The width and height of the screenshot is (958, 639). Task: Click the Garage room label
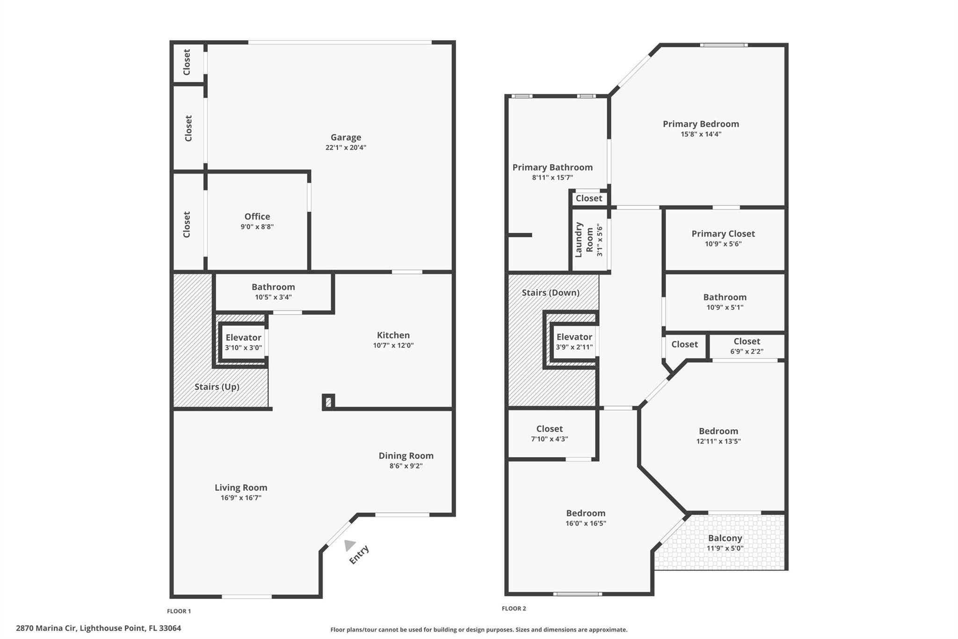pos(346,137)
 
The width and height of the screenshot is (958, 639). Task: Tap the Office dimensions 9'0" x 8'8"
pos(257,227)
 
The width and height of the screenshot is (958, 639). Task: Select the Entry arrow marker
pos(349,545)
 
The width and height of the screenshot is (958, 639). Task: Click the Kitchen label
pos(393,335)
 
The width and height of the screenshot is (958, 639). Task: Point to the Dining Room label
pos(406,455)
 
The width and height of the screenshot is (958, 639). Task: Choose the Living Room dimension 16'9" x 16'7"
pos(241,498)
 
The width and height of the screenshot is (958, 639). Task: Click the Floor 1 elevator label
pos(243,338)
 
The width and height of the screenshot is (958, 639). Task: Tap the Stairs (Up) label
pos(217,387)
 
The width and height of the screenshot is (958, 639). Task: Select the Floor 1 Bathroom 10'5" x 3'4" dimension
pos(273,297)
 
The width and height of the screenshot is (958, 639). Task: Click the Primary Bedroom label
pos(701,124)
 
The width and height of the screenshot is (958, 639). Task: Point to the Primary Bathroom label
pos(552,167)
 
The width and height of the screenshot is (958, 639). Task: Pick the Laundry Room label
pos(584,240)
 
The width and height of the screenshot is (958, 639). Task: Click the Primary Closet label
pos(723,234)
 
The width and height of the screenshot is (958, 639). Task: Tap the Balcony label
pos(725,538)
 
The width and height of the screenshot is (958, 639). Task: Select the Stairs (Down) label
pos(551,293)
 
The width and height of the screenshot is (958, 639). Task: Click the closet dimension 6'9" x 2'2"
pos(747,351)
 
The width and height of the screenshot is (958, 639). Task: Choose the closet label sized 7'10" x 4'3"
pos(550,429)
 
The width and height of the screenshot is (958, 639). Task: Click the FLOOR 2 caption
pos(514,609)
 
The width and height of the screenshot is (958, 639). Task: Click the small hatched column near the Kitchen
pos(328,402)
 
